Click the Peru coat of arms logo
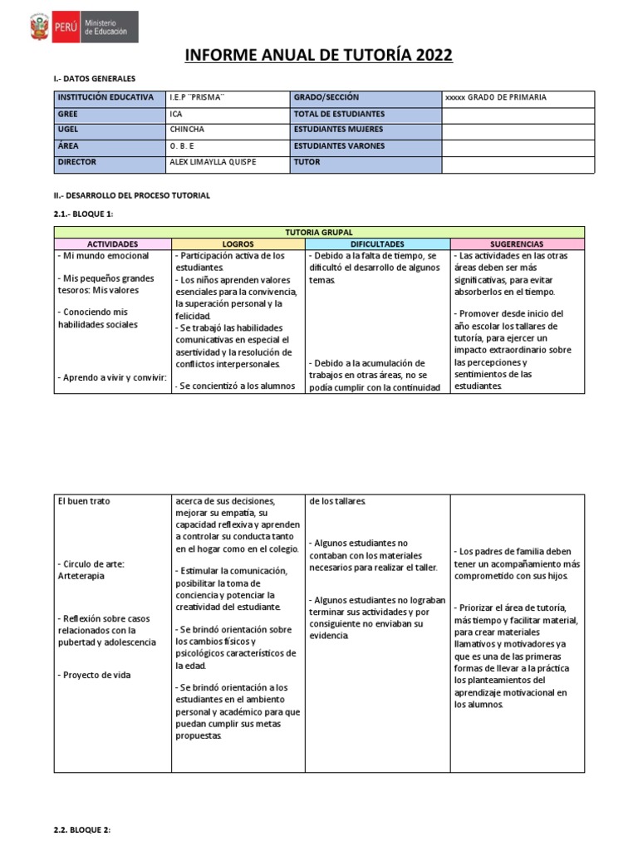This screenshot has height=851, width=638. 39,28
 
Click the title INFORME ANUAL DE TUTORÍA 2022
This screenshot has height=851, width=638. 318,56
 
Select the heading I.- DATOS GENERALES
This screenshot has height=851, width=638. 94,79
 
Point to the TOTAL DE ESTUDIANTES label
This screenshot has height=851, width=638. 338,114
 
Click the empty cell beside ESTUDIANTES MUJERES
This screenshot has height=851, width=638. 518,130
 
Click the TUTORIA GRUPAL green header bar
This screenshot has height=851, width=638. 319,233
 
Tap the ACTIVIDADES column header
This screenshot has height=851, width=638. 112,244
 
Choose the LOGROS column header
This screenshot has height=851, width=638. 238,244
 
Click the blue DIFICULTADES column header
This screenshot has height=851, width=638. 377,244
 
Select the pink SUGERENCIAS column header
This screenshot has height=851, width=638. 517,244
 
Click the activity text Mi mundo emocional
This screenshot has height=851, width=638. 104,256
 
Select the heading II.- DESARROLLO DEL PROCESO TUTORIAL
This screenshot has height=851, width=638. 132,195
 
